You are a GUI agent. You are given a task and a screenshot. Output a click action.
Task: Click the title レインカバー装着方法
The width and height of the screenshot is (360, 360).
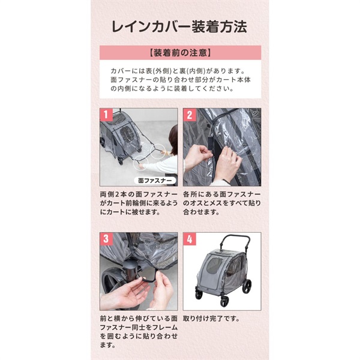pyautogui.click(x=179, y=27)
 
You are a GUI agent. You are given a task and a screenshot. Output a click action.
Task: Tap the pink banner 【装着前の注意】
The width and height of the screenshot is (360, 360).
pyautogui.click(x=180, y=52)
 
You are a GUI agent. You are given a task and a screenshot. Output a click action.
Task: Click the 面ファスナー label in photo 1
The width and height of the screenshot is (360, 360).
pyautogui.click(x=154, y=180)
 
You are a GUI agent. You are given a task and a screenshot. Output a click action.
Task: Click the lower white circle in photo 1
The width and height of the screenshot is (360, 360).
pyautogui.click(x=143, y=161)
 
